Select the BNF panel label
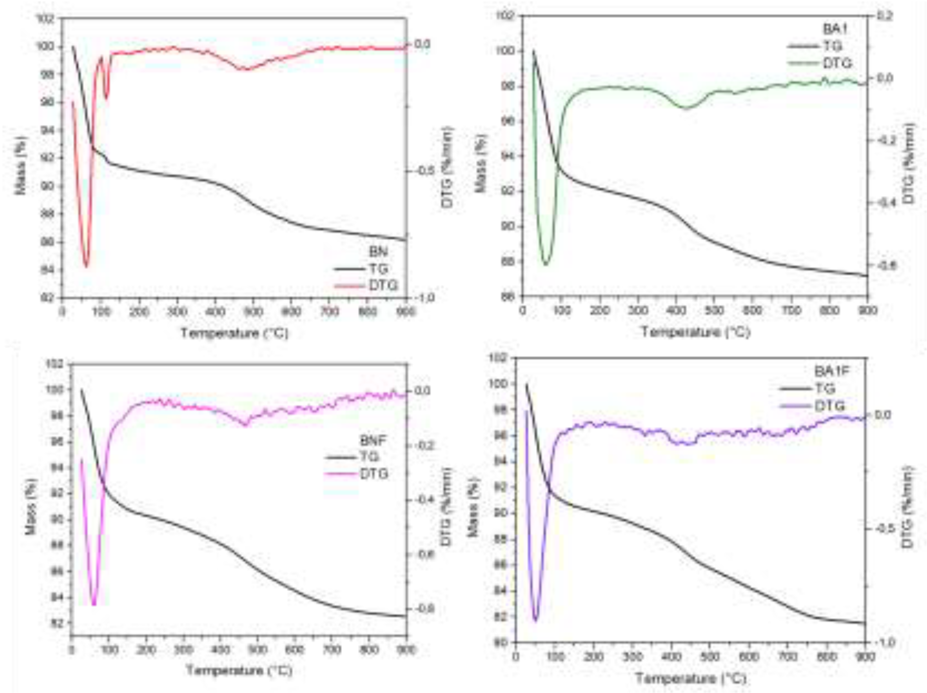(x=373, y=440)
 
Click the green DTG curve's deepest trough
(x=545, y=264)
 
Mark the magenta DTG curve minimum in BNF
(x=94, y=604)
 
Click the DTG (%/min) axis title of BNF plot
(x=447, y=507)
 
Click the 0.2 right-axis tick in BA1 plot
(x=884, y=16)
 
